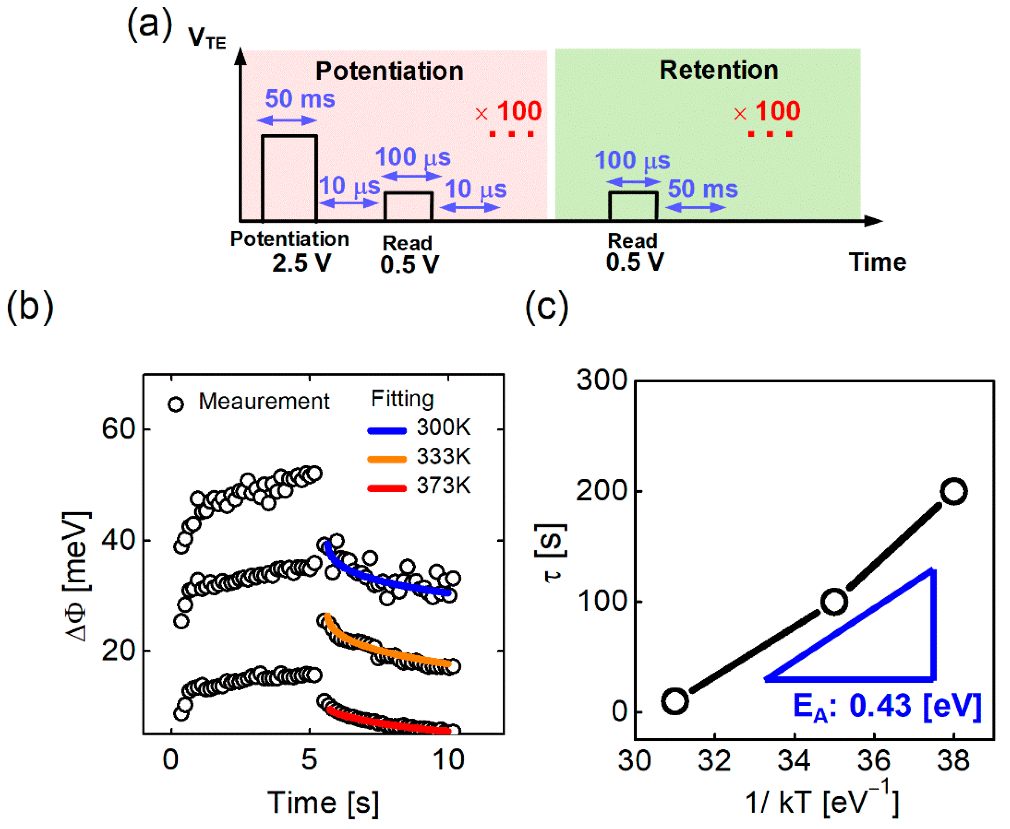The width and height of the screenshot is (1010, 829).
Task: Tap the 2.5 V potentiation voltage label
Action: tap(302, 263)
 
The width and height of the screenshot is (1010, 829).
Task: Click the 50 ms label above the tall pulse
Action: tap(300, 99)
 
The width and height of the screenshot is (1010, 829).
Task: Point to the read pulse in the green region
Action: tap(633, 206)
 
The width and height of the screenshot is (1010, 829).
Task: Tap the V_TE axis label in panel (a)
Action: tap(207, 38)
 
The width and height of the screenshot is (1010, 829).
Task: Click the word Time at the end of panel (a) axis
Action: tap(877, 262)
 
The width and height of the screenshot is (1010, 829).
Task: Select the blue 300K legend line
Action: tap(387, 431)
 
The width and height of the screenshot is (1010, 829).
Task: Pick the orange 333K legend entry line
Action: tap(387, 460)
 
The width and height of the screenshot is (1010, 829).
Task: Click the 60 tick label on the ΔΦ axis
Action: tap(119, 429)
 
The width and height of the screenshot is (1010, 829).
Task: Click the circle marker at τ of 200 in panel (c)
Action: tap(953, 491)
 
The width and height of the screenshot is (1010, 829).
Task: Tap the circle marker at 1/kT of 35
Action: tap(834, 602)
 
